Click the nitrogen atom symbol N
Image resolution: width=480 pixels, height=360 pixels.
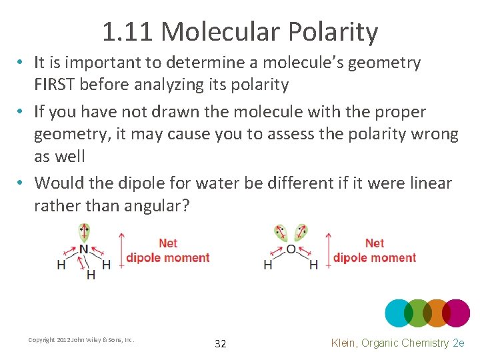(x=83, y=250)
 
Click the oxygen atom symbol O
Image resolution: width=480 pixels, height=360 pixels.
(x=291, y=250)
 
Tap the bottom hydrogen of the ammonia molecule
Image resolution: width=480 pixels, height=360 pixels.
(x=91, y=275)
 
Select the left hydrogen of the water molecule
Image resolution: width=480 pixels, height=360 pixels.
(x=268, y=265)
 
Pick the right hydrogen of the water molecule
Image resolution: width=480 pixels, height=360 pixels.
(x=313, y=265)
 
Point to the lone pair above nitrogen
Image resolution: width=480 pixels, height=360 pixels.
(x=83, y=233)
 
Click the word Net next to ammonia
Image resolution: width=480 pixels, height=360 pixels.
(x=168, y=243)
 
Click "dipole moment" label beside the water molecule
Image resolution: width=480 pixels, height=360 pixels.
(x=375, y=258)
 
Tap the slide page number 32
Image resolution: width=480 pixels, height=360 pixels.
(x=220, y=344)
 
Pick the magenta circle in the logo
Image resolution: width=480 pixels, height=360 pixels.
(x=456, y=313)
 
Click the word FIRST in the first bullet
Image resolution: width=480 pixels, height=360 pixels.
(x=61, y=85)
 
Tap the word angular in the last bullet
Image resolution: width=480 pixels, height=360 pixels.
(x=155, y=205)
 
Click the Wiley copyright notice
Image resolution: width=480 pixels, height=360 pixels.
(x=81, y=340)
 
